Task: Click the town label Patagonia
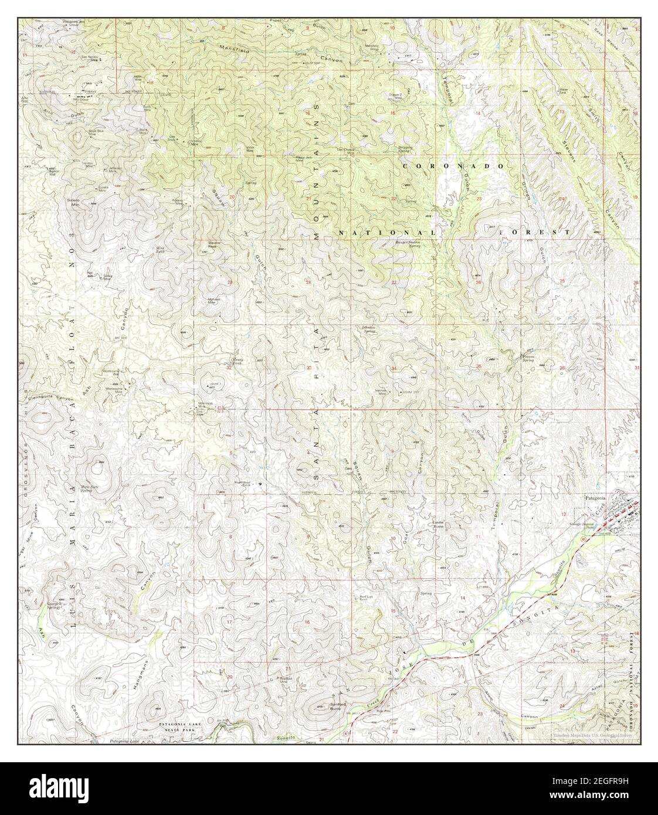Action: [x=598, y=497]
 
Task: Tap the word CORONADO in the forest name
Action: [x=453, y=167]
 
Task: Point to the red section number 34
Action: [x=394, y=368]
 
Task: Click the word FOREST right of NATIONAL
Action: [x=535, y=232]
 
